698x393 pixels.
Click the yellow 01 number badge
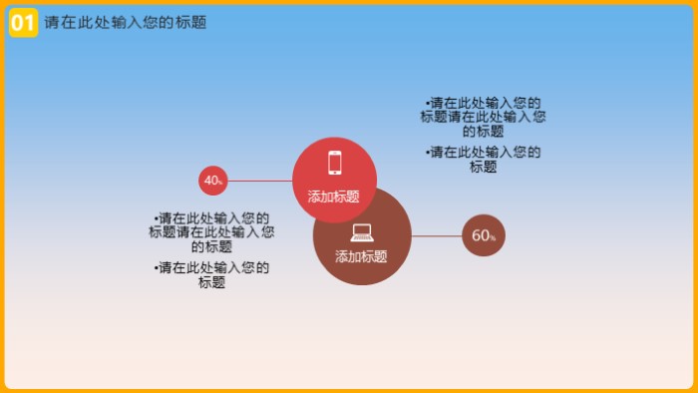23,22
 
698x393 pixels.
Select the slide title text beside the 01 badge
126,22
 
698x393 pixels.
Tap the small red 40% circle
212,181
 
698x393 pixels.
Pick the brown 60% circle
484,236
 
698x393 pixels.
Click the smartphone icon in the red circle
335,163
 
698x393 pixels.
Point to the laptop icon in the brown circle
362,232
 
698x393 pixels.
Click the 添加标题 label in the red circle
334,196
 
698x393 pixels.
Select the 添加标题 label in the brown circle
361,256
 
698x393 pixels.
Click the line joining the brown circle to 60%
437,236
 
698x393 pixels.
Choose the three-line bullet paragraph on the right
484,117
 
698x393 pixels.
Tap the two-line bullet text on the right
484,160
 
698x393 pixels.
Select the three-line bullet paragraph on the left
212,232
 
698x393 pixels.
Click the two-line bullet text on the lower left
212,274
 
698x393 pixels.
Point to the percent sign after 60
493,238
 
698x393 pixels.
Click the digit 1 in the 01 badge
29,22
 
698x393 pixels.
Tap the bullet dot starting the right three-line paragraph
427,103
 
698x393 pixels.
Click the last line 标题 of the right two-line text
484,167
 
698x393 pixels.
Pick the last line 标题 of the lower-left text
212,282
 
